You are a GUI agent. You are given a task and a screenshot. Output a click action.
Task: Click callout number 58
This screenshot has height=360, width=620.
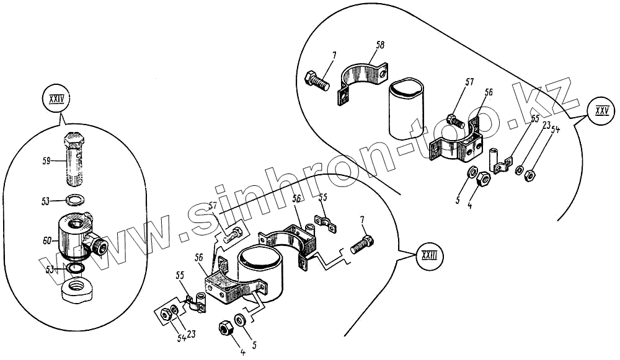380,46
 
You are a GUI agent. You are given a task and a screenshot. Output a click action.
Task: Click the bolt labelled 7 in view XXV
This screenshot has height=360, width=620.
318,81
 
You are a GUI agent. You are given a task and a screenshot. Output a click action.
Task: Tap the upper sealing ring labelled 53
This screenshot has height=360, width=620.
76,200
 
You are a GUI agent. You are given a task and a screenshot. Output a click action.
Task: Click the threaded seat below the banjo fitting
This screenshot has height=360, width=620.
77,291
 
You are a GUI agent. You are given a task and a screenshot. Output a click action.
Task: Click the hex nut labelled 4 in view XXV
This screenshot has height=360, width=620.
484,179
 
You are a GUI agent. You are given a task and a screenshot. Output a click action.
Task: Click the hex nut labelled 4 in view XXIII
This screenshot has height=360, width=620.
225,329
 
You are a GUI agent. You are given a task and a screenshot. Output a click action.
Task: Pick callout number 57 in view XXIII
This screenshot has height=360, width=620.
213,206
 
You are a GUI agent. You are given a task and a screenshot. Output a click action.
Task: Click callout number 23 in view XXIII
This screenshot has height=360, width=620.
192,334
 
